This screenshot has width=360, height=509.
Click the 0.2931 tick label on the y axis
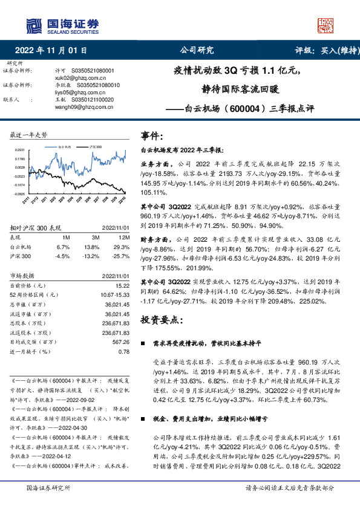(20, 149)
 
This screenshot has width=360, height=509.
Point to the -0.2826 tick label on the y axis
(19, 194)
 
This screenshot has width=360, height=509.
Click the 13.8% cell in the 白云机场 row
(91, 247)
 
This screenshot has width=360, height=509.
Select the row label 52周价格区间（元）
(34, 294)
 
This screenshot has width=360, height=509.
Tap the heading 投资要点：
(163, 319)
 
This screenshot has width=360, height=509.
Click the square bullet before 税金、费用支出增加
(142, 401)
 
